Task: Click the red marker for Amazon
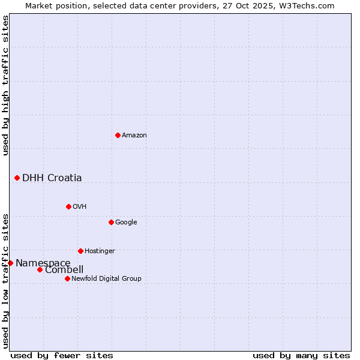coord(118,135)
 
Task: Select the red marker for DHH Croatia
coord(17,178)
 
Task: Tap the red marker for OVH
coord(68,206)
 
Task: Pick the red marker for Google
coord(111,222)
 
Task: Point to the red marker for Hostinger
coord(80,251)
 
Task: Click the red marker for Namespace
coord(10,263)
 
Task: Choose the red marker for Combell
coord(40,269)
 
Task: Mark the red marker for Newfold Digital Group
coord(67,278)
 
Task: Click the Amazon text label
coord(134,136)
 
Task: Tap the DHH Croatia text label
coord(52,178)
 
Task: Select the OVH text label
coord(80,207)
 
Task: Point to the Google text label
coord(126,223)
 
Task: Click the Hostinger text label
coord(100,251)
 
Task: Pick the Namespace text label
coord(43,263)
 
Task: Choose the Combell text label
coord(64,270)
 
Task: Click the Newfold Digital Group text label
coord(106,279)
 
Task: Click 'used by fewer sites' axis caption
coord(62,356)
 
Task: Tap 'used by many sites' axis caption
coord(301,356)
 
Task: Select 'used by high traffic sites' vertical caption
coord(5,86)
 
